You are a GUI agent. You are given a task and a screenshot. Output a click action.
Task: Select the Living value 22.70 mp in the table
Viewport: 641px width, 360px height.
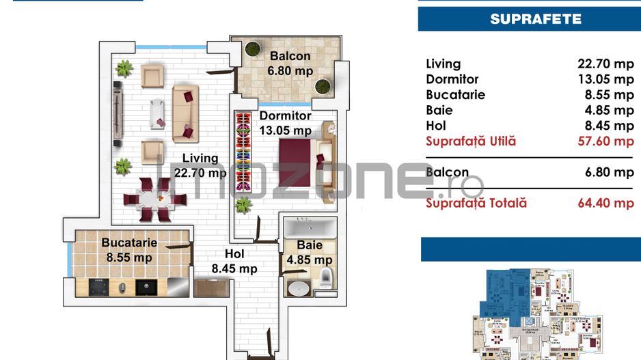(605, 64)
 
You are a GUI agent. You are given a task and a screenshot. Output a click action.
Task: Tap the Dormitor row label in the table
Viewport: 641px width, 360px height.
(452, 80)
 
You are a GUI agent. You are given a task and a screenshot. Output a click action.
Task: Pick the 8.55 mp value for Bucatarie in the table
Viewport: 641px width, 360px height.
(605, 95)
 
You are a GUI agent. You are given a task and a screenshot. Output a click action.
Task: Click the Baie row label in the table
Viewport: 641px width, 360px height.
(439, 111)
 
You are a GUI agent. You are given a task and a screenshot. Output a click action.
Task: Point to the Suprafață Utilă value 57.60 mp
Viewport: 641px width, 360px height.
(605, 141)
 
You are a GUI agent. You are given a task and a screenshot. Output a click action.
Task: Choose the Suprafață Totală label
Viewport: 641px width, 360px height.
(476, 203)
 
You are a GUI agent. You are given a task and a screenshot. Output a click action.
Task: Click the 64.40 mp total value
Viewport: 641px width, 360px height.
(605, 203)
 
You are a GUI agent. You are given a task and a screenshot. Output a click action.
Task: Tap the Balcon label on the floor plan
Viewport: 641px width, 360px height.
(290, 57)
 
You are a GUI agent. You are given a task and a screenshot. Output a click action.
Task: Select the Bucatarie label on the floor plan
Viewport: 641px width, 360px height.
(129, 243)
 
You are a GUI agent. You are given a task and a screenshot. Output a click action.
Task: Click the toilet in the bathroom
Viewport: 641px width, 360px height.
(326, 276)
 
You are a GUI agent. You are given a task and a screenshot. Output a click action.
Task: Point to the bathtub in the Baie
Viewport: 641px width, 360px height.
(310, 227)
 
